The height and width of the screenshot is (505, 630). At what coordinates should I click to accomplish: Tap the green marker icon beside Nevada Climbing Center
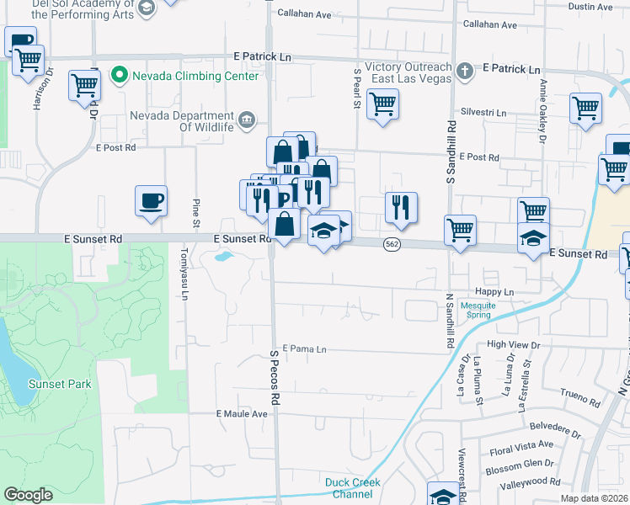pyautogui.click(x=119, y=76)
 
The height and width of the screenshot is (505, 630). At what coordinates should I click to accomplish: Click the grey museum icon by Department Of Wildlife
pyautogui.click(x=247, y=120)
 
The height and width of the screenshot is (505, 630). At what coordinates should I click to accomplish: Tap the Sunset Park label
pyautogui.click(x=59, y=384)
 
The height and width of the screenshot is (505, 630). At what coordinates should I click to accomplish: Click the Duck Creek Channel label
pyautogui.click(x=353, y=487)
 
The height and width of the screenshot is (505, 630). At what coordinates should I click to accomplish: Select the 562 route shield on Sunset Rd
pyautogui.click(x=391, y=244)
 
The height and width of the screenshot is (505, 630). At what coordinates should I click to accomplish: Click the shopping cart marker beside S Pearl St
pyautogui.click(x=382, y=105)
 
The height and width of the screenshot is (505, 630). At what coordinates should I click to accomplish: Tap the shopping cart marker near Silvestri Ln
pyautogui.click(x=585, y=109)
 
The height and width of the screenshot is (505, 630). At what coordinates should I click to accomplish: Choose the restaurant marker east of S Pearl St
pyautogui.click(x=401, y=208)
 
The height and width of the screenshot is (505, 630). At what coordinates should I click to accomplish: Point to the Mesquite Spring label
pyautogui.click(x=467, y=310)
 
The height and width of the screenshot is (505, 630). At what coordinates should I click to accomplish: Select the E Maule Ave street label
pyautogui.click(x=242, y=414)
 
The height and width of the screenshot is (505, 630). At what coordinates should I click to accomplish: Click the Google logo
pyautogui.click(x=28, y=495)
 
